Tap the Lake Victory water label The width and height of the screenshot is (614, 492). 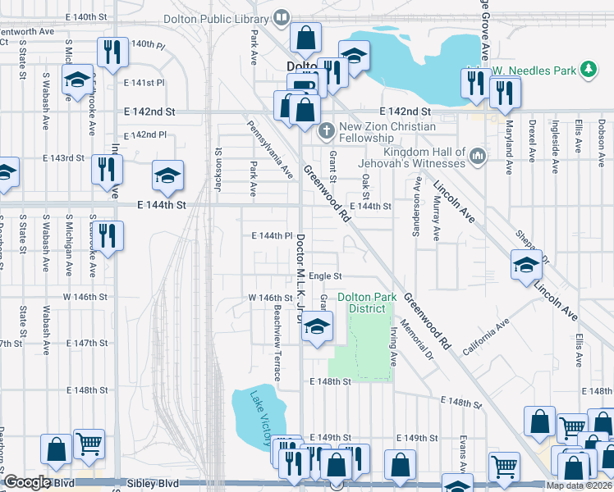[x=263, y=417]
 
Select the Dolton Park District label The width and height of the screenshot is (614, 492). [x=366, y=303]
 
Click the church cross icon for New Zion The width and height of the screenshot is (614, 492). [x=326, y=129]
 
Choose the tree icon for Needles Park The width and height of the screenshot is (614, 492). [x=588, y=71]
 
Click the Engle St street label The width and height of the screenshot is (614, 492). [x=325, y=276]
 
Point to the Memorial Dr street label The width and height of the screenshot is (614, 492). [x=416, y=338]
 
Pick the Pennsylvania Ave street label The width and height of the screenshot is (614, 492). [x=270, y=149]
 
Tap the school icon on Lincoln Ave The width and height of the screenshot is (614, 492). [x=526, y=265]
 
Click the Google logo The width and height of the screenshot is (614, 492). [x=26, y=483]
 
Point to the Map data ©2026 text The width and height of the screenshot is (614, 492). [x=579, y=486]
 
